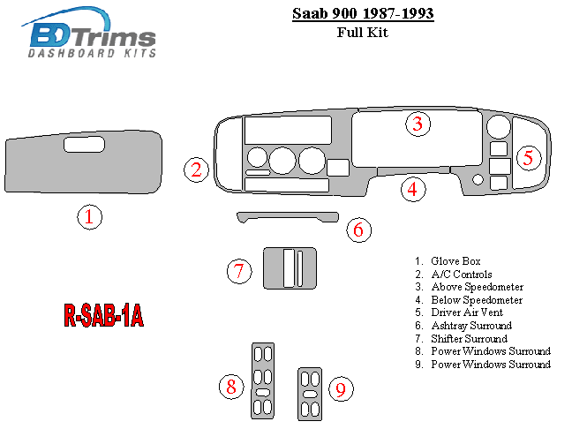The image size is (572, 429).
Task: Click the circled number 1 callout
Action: coord(90,217)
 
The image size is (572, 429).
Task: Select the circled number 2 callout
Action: coord(196,169)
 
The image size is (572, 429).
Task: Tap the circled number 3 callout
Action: coord(418,124)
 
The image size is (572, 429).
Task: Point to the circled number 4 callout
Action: coord(413,189)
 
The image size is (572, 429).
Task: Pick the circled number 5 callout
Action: coord(529,158)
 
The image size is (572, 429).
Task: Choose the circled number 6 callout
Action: coord(358,230)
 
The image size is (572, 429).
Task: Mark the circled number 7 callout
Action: coord(239,271)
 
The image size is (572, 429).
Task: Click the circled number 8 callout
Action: coord(231,387)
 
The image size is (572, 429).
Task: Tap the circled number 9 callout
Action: coord(341,389)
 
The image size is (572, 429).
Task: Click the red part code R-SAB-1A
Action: coord(103,315)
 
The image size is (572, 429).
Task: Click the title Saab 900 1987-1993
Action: coord(363,14)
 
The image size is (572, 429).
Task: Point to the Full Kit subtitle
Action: coord(363,33)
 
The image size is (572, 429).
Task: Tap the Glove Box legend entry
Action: coord(448,261)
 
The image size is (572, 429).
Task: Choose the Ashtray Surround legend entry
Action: coord(463,326)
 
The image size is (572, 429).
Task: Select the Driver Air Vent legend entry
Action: coord(459,312)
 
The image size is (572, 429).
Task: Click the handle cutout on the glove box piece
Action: coord(84,145)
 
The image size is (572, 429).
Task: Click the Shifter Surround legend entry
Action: coord(461,339)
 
